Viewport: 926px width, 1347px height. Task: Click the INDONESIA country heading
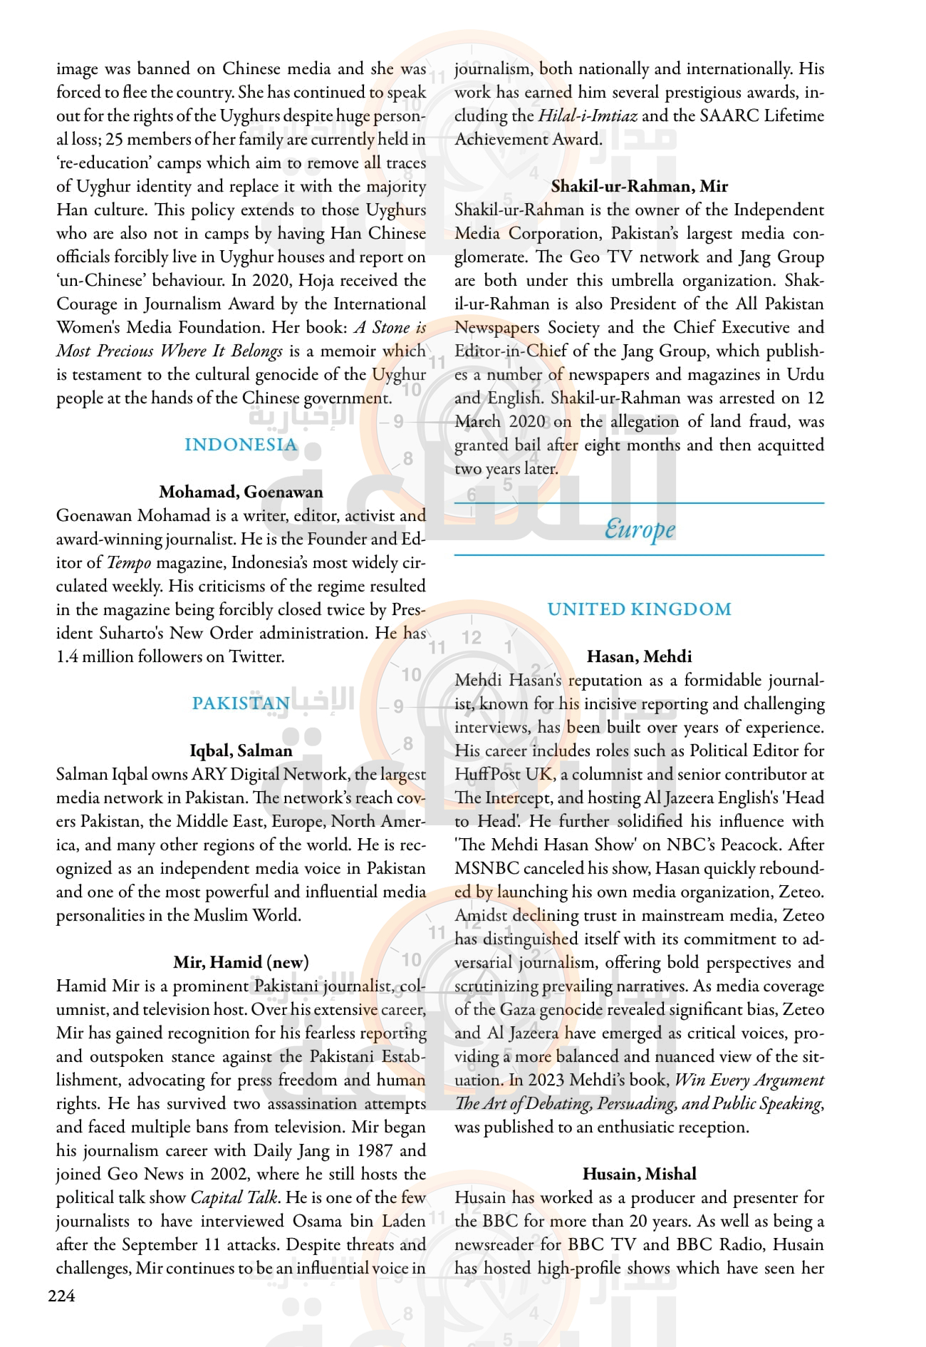[x=241, y=445]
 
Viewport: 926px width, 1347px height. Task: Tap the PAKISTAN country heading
[x=241, y=703]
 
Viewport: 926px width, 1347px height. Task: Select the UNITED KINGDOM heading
[x=639, y=609]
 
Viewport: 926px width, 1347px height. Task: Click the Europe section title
[x=639, y=530]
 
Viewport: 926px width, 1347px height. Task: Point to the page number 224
[x=61, y=1296]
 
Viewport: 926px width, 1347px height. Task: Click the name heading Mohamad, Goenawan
[x=241, y=492]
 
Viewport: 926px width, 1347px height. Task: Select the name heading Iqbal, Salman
[x=241, y=750]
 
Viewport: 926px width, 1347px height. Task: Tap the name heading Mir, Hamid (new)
[x=241, y=962]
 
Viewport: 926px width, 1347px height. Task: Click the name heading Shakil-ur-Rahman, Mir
[x=639, y=186]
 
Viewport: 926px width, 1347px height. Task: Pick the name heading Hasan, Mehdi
[x=639, y=656]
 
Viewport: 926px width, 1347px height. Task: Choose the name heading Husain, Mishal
[x=639, y=1174]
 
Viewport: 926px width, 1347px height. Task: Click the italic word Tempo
[x=129, y=562]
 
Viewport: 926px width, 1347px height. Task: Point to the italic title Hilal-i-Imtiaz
[x=588, y=115]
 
